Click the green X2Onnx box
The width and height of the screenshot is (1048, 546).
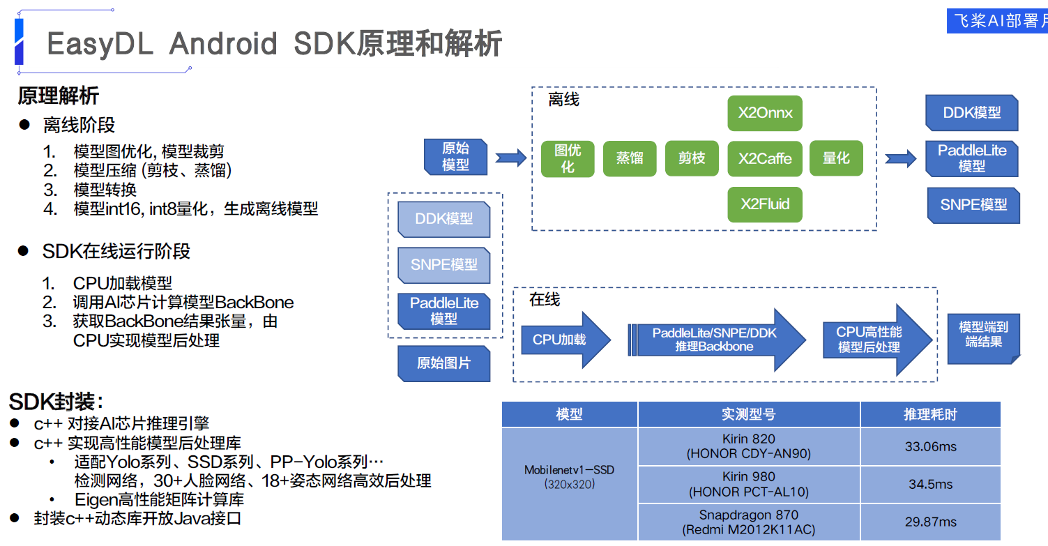pos(765,113)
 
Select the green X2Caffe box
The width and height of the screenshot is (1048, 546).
pos(765,158)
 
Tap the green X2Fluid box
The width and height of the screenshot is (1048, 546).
pos(765,204)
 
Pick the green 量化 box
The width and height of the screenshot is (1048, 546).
pos(836,158)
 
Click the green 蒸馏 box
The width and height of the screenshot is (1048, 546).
pos(629,158)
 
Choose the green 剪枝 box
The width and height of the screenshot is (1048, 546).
pos(692,158)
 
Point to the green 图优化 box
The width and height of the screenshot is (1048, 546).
pos(568,158)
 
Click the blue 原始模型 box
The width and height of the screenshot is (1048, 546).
pos(455,157)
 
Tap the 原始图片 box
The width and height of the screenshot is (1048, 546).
pos(443,363)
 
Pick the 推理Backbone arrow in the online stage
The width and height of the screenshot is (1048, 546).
pos(715,340)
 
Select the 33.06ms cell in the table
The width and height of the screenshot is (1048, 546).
pos(930,446)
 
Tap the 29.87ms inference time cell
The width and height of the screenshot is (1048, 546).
pos(930,522)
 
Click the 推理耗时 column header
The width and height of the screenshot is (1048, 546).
pos(930,414)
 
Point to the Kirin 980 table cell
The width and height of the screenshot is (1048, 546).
pos(749,484)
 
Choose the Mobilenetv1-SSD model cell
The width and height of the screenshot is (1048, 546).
pos(570,476)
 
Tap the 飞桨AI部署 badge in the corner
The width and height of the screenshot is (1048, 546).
pos(997,21)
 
